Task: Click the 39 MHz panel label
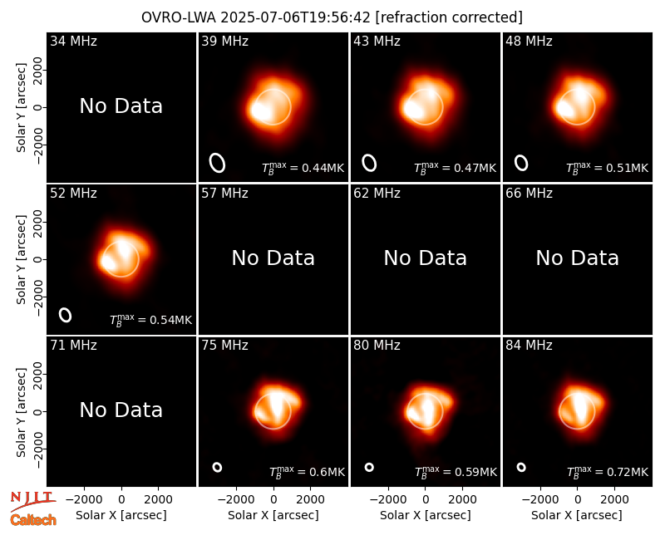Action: click(x=224, y=41)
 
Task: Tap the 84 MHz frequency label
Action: click(x=529, y=346)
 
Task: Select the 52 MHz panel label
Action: click(x=73, y=194)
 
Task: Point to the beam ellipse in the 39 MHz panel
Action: click(x=217, y=163)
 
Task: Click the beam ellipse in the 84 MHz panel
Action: click(x=521, y=467)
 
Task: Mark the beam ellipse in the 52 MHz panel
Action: click(x=65, y=315)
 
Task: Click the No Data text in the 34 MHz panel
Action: click(x=121, y=106)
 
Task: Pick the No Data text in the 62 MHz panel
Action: click(x=426, y=258)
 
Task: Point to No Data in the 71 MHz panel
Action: click(x=121, y=410)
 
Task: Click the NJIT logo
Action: click(x=32, y=500)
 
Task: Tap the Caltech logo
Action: click(x=33, y=520)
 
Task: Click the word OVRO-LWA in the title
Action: click(x=179, y=17)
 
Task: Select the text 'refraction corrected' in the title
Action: click(x=449, y=17)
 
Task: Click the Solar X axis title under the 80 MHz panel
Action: click(x=426, y=515)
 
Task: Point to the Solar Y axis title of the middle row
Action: click(x=21, y=259)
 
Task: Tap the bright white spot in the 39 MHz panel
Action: click(x=261, y=110)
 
